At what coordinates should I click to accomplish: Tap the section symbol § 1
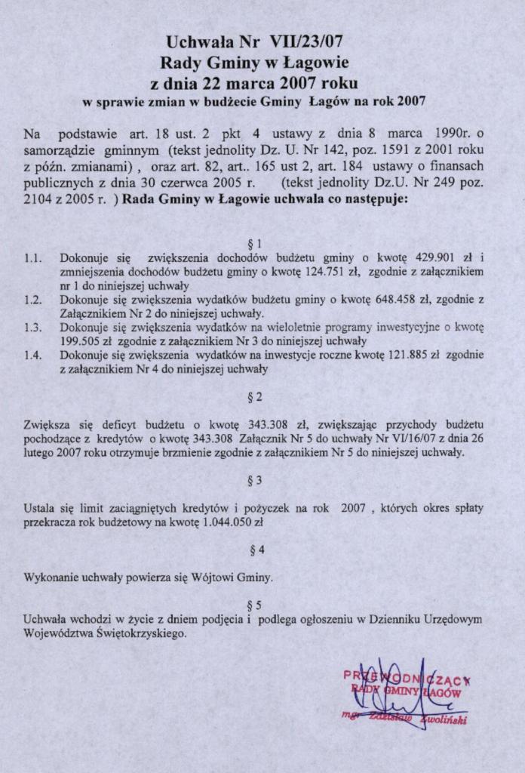(x=254, y=244)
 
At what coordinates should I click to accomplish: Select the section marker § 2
(x=254, y=396)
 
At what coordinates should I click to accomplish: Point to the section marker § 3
(x=254, y=480)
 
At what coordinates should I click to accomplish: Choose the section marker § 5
(x=254, y=605)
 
